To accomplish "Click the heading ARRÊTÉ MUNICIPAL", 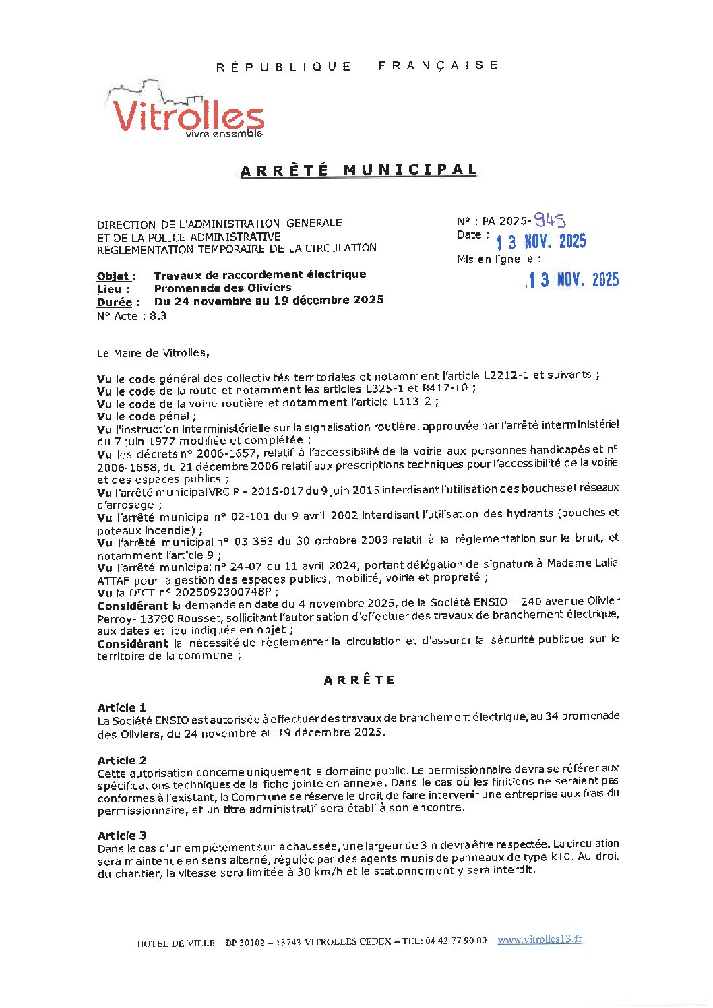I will pyautogui.click(x=359, y=170).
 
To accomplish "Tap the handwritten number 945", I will pyautogui.click(x=549, y=220).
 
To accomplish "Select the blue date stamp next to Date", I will pyautogui.click(x=540, y=242).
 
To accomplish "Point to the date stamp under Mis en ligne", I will pyautogui.click(x=572, y=280).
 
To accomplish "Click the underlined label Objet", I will pyautogui.click(x=116, y=276).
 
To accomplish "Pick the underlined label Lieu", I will pyautogui.click(x=113, y=289).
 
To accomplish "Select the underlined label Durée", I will pyautogui.click(x=118, y=302).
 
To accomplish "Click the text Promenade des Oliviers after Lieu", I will pyautogui.click(x=222, y=288).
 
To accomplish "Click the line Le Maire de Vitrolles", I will pyautogui.click(x=153, y=353).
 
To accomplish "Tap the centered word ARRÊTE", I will pyautogui.click(x=359, y=680).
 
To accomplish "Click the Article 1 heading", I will pyautogui.click(x=121, y=707).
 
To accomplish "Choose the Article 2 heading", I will pyautogui.click(x=121, y=760).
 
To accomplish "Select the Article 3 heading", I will pyautogui.click(x=121, y=836).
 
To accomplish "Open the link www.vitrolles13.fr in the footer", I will pyautogui.click(x=539, y=939).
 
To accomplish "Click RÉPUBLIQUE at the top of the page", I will pyautogui.click(x=284, y=67).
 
